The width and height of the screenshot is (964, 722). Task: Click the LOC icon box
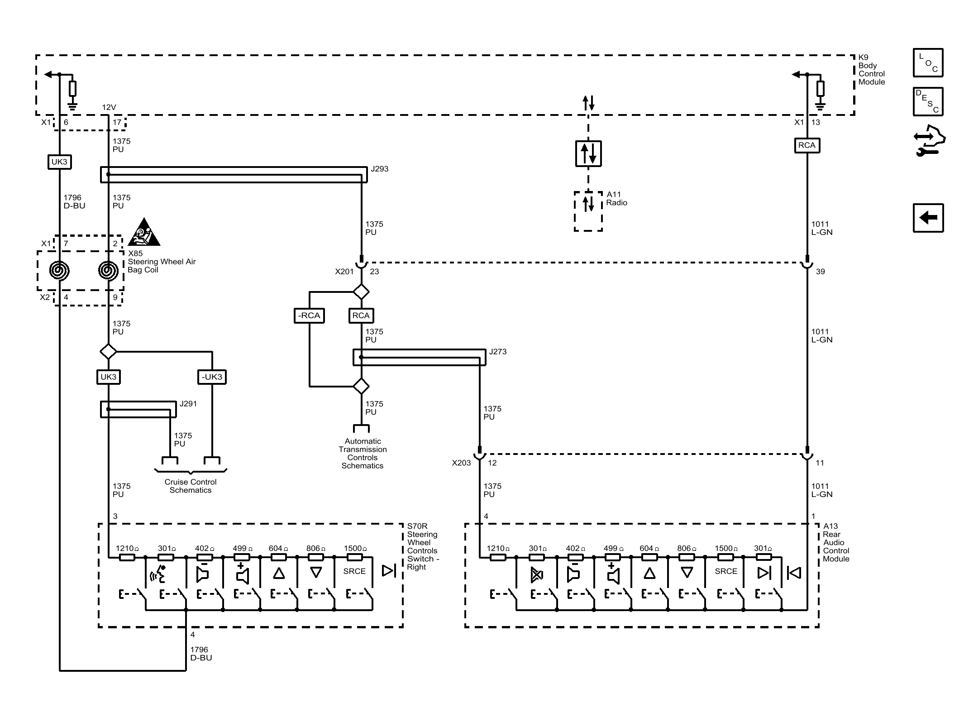[928, 62]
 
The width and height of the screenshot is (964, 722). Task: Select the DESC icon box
[928, 101]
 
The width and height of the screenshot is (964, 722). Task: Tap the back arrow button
[928, 218]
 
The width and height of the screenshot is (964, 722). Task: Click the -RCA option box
[309, 316]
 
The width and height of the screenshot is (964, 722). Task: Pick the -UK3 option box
[212, 377]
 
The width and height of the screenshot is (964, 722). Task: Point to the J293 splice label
[379, 169]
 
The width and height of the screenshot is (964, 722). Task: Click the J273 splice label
[497, 352]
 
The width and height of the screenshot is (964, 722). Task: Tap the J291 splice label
[188, 404]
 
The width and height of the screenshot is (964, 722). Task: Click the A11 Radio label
[616, 199]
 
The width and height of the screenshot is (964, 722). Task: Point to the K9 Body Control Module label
[871, 70]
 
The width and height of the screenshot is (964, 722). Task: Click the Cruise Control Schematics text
[191, 486]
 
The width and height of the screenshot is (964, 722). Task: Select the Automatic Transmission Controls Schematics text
[363, 453]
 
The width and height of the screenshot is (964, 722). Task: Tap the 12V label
[109, 107]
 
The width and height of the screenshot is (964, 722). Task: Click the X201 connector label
[344, 272]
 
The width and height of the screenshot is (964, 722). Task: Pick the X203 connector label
[461, 463]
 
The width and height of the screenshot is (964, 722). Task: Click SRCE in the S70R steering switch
[354, 571]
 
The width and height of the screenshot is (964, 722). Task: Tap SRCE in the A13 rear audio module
[726, 571]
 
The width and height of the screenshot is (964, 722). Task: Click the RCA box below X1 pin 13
[807, 145]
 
